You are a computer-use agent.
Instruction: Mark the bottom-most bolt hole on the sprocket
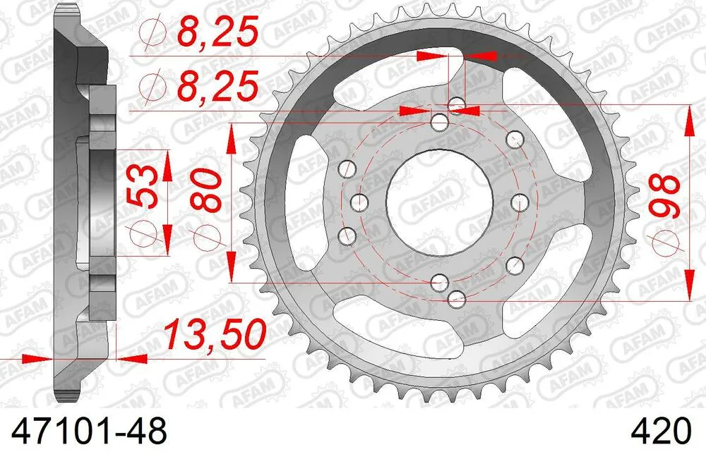point(456,298)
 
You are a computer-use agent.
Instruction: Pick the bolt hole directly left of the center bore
point(357,202)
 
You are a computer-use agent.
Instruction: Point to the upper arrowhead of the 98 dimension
point(688,118)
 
